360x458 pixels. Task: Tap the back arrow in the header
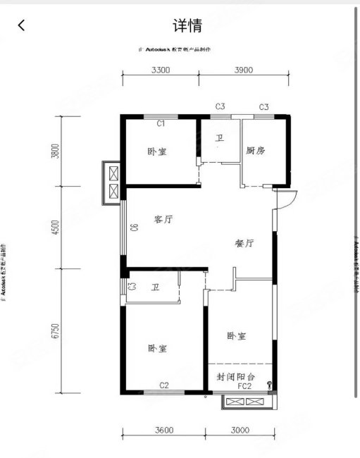click(x=22, y=26)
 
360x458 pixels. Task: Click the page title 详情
click(x=187, y=26)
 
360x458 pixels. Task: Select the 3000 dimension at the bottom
click(x=240, y=431)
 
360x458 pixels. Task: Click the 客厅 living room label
click(x=163, y=219)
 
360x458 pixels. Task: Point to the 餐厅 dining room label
click(x=244, y=242)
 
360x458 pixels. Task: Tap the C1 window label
click(x=161, y=123)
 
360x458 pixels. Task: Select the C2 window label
click(x=163, y=385)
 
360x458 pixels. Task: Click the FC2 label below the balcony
click(x=244, y=387)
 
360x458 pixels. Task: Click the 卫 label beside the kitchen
click(x=220, y=138)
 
